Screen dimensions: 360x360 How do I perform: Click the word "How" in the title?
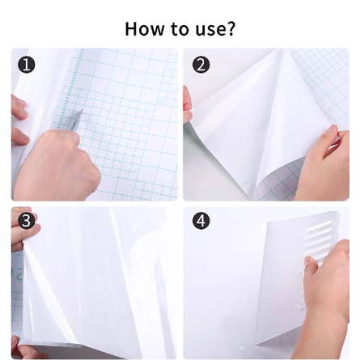tap(144, 28)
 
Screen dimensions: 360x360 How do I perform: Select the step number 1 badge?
tap(27, 66)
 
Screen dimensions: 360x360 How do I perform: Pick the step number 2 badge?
tap(201, 65)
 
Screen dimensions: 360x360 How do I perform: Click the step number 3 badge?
tap(27, 221)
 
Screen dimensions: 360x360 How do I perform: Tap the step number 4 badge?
tap(201, 221)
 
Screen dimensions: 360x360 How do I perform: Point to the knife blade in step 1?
tap(77, 118)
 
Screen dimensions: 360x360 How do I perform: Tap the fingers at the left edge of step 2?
tap(188, 104)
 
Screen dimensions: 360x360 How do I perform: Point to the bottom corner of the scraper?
tap(256, 345)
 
